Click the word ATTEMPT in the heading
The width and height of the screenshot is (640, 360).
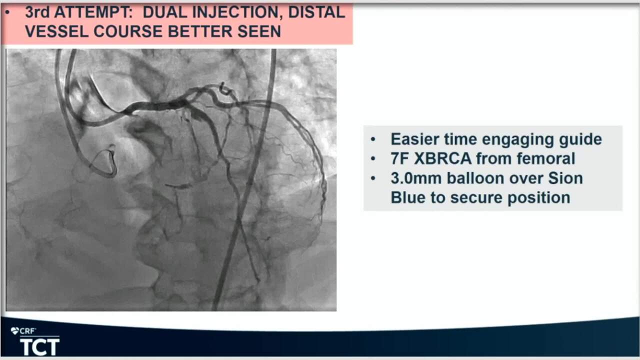point(93,12)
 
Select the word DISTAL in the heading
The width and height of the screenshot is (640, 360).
point(316,12)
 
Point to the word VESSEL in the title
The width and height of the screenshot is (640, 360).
point(56,31)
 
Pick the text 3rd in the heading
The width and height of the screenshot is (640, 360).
point(37,12)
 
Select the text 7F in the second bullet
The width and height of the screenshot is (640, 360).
point(399,158)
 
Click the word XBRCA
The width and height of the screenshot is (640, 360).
point(442,158)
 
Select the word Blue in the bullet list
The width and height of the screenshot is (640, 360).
point(408,197)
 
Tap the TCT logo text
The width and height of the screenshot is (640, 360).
point(39,347)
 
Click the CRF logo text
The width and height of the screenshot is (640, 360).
point(27,331)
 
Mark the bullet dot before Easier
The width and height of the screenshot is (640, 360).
point(373,139)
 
